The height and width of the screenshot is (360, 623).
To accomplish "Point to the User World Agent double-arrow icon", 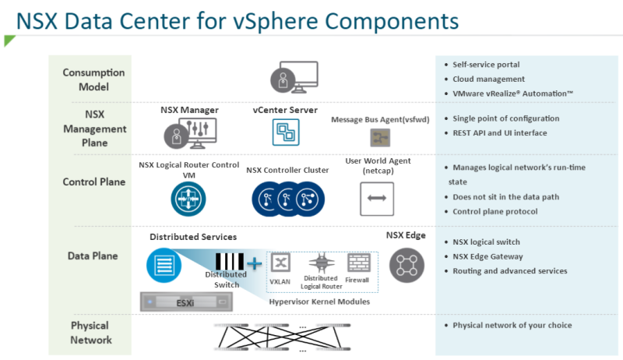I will [377, 199].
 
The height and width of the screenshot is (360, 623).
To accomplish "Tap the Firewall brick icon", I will [359, 262].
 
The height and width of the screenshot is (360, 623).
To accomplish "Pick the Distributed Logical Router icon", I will [320, 263].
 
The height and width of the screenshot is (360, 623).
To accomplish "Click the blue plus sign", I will [254, 264].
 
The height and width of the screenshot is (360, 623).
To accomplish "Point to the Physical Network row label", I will [90, 332].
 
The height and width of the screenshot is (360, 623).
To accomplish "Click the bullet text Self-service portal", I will [486, 65].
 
